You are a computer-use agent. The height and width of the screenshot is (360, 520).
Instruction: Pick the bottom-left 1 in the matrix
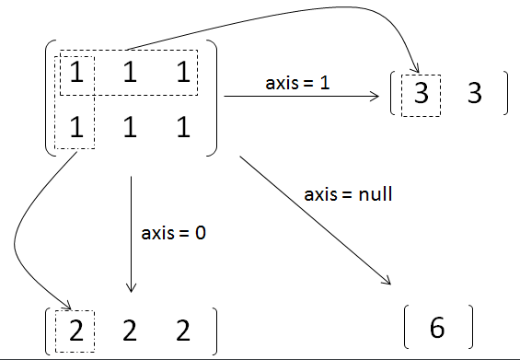[76, 128]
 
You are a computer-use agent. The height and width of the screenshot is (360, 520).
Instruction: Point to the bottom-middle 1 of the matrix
[130, 128]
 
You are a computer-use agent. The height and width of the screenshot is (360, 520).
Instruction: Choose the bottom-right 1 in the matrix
[183, 128]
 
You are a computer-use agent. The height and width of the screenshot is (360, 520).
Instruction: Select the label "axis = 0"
[174, 232]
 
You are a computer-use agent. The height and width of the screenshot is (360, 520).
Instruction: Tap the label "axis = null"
[343, 195]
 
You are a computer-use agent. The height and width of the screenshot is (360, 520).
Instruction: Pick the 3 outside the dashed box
[475, 95]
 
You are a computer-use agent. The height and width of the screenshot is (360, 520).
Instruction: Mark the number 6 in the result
[437, 328]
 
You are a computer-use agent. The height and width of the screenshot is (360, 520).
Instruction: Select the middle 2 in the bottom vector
[130, 329]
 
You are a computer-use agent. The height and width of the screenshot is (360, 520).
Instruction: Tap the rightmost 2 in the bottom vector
[183, 329]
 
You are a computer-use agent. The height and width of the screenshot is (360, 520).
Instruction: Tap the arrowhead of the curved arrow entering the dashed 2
[68, 308]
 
